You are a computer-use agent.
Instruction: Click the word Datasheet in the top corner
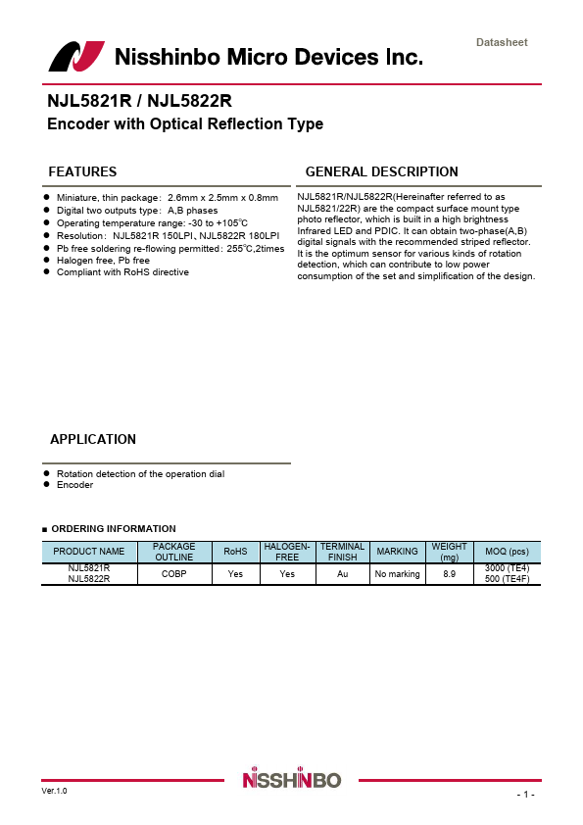(501, 42)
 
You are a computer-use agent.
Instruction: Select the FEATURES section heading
(82, 171)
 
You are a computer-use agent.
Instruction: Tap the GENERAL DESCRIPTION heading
(381, 171)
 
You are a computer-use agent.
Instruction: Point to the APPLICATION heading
(93, 439)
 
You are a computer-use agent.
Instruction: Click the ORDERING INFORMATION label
(113, 529)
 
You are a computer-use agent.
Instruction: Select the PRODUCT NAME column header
(89, 552)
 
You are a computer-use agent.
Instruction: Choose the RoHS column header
(235, 552)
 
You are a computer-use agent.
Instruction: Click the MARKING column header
(397, 552)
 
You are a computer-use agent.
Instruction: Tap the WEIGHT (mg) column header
(450, 552)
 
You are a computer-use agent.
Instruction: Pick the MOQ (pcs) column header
(507, 552)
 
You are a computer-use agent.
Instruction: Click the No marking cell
(397, 574)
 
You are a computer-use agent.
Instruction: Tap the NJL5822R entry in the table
(89, 579)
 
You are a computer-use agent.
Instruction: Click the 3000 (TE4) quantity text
(507, 568)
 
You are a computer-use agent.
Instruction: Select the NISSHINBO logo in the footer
(291, 780)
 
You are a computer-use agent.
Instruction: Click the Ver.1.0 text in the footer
(55, 790)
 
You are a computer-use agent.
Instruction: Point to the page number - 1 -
(525, 794)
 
